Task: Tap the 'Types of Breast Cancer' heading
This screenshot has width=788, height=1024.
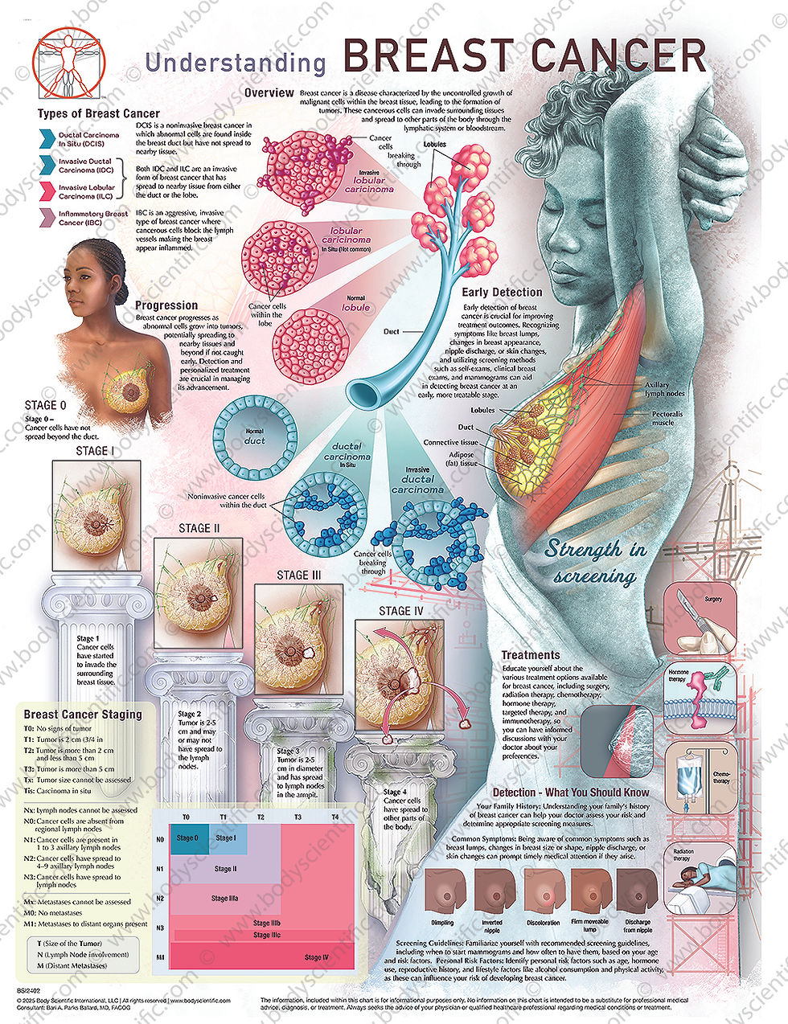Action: [99, 113]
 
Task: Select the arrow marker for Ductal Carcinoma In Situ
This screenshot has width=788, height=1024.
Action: [47, 139]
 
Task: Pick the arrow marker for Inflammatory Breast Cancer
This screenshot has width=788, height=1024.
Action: [47, 218]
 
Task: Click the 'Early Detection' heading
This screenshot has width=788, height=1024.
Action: [502, 293]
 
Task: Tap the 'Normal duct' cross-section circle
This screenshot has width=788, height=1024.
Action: [254, 436]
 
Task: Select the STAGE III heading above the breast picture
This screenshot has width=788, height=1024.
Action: [298, 575]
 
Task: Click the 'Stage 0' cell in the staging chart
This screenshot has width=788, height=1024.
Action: [187, 838]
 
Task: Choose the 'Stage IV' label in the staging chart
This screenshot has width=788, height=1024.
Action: [317, 957]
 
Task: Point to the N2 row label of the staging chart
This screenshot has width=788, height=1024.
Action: [160, 898]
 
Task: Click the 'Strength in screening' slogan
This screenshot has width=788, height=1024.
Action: [595, 561]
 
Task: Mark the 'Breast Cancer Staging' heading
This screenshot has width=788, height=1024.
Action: [83, 714]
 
